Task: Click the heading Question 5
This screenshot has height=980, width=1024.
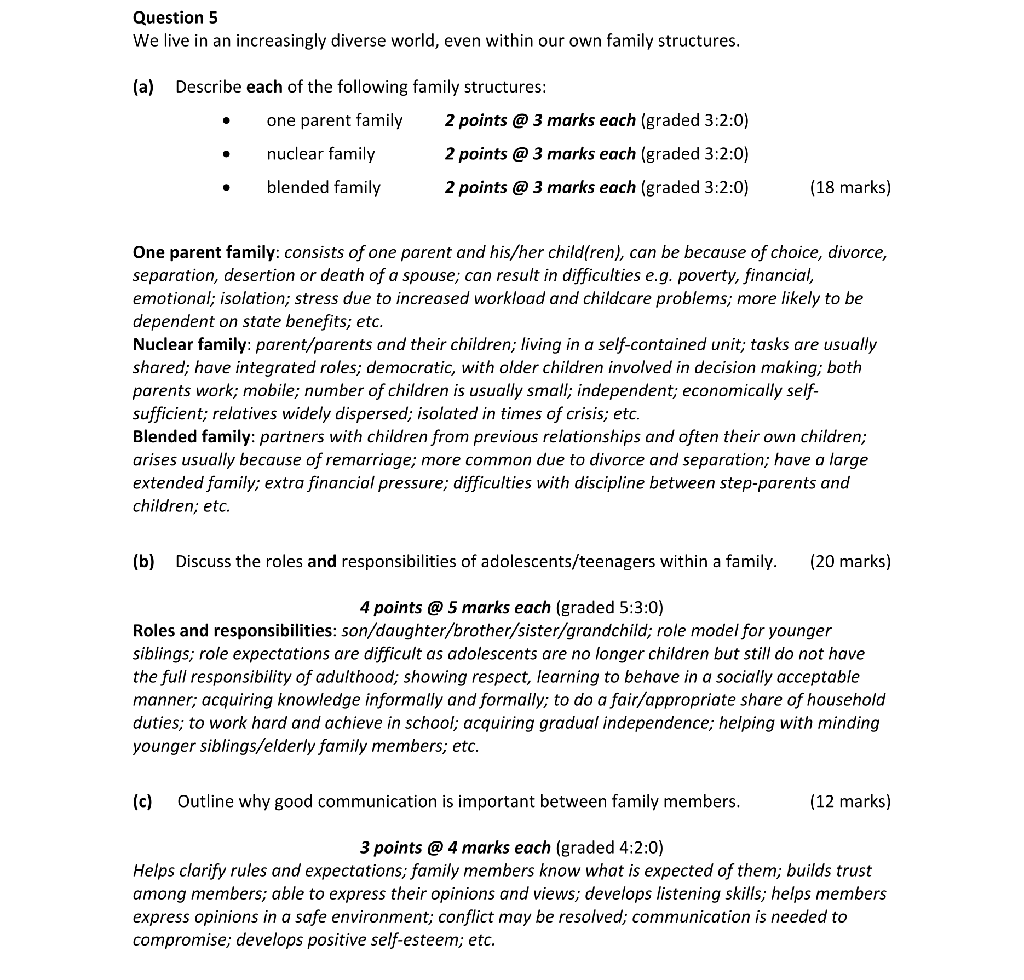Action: point(175,18)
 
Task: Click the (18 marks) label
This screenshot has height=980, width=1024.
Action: point(850,187)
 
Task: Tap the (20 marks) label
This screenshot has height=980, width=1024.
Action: point(850,561)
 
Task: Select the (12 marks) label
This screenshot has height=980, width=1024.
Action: point(850,801)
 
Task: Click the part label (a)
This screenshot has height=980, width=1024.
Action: point(143,87)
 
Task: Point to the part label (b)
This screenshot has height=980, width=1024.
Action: point(143,561)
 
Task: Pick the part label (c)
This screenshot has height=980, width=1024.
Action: point(142,801)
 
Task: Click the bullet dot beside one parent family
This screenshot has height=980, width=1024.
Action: point(227,121)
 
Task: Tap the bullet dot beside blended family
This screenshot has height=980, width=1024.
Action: point(227,188)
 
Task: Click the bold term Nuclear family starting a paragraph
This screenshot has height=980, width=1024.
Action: point(189,344)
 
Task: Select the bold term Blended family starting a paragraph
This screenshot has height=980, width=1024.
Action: point(192,436)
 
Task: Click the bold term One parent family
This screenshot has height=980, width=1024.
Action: point(204,252)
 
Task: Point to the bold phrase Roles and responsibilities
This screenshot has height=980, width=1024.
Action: point(232,630)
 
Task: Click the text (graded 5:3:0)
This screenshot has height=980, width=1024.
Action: point(609,607)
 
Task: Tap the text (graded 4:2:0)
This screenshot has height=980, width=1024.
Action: point(609,847)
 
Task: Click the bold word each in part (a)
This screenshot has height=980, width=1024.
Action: point(264,87)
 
